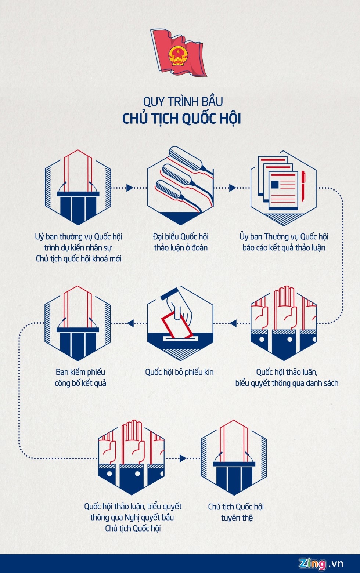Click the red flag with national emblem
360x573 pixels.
[x=179, y=52]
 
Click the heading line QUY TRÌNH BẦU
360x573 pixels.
[x=183, y=101]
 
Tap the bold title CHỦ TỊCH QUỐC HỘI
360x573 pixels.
[x=181, y=119]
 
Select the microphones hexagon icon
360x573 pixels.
[x=180, y=186]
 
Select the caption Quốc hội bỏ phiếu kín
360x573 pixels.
[x=179, y=372]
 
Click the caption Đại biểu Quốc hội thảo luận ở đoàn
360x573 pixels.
[x=181, y=242]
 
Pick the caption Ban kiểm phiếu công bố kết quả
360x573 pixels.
[x=80, y=378]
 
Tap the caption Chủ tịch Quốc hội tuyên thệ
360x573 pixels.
[x=236, y=512]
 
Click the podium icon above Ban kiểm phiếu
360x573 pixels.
[x=78, y=323]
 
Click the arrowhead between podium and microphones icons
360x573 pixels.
[x=129, y=188]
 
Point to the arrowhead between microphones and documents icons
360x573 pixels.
[x=232, y=188]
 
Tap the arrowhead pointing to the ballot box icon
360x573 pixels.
[x=233, y=323]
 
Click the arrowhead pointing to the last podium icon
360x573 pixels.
[x=183, y=458]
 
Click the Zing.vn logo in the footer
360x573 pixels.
[x=321, y=563]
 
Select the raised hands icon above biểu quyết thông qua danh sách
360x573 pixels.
[x=283, y=323]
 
